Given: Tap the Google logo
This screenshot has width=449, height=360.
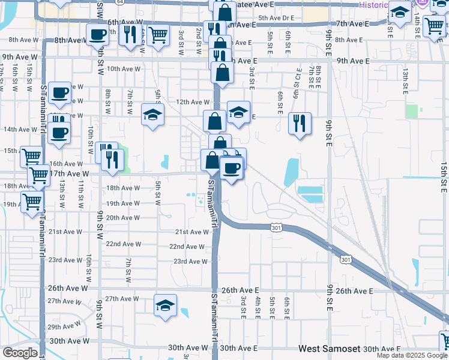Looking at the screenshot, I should (x=20, y=353).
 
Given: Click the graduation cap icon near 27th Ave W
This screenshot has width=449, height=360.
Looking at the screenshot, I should (x=165, y=304).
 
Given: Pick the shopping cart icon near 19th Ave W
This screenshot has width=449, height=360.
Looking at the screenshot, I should (x=32, y=201).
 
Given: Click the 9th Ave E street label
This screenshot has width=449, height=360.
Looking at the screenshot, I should (x=353, y=61).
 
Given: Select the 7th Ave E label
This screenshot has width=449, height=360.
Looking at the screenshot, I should (x=353, y=24).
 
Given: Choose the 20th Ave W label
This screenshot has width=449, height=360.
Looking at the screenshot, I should (x=123, y=217).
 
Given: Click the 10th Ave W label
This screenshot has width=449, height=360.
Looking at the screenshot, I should (x=123, y=69).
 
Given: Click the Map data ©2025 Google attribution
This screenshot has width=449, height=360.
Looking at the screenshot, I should (x=411, y=355).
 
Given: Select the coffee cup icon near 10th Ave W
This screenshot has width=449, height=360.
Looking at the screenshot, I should (x=59, y=92).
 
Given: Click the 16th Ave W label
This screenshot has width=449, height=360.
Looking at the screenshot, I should (x=65, y=163).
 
